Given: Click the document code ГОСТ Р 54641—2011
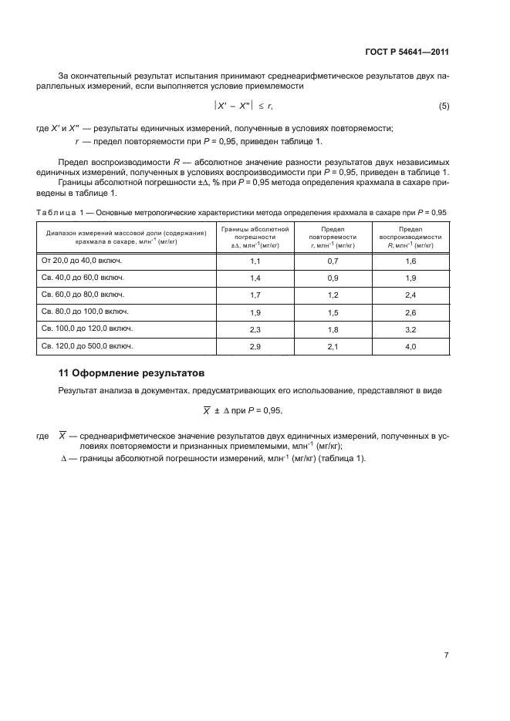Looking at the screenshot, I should (407, 52).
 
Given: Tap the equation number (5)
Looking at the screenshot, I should (444, 106).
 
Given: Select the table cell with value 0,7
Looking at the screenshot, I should (333, 262).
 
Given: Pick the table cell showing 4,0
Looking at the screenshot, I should (410, 347).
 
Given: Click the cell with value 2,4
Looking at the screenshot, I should (410, 296).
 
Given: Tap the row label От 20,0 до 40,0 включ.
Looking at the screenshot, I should (83, 262).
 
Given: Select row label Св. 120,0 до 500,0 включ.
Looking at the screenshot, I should (86, 347).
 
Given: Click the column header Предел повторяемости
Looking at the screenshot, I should (333, 238).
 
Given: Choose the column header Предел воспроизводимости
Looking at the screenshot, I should (410, 238).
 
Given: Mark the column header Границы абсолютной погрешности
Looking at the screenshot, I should (255, 238).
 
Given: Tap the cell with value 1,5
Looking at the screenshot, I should (333, 313).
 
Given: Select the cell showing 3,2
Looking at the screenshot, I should (410, 330).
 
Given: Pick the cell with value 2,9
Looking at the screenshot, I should (255, 347).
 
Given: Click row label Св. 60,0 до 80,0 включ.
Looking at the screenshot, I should (82, 296).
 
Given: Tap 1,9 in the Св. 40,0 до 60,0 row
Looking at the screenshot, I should (410, 279).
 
